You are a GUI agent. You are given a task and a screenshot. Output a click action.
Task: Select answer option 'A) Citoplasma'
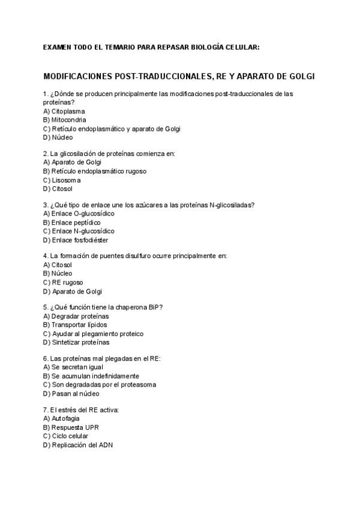click(64, 111)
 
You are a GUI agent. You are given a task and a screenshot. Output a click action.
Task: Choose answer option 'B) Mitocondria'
click(65, 119)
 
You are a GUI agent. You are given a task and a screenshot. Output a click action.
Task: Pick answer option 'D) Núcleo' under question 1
click(58, 137)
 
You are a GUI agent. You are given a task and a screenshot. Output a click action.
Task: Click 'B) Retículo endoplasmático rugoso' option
click(95, 171)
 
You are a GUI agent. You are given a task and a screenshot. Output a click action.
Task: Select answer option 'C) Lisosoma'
click(62, 179)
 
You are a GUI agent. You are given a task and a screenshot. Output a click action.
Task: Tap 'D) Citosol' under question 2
click(58, 188)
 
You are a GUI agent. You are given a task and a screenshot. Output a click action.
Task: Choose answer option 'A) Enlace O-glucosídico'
click(79, 213)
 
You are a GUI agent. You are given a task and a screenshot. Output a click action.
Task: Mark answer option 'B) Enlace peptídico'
click(72, 222)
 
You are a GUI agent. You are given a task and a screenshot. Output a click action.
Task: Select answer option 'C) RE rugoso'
click(64, 282)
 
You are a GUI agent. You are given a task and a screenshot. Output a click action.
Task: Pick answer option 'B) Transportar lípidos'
click(76, 325)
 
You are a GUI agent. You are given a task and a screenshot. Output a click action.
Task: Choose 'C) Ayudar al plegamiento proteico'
click(94, 333)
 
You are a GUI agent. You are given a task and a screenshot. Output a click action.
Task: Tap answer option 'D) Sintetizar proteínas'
click(76, 342)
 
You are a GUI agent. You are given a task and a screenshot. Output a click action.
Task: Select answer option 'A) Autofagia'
click(62, 418)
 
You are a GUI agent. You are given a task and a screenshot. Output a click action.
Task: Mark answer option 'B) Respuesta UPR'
click(71, 427)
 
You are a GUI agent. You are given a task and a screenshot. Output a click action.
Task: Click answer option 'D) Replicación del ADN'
click(78, 445)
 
